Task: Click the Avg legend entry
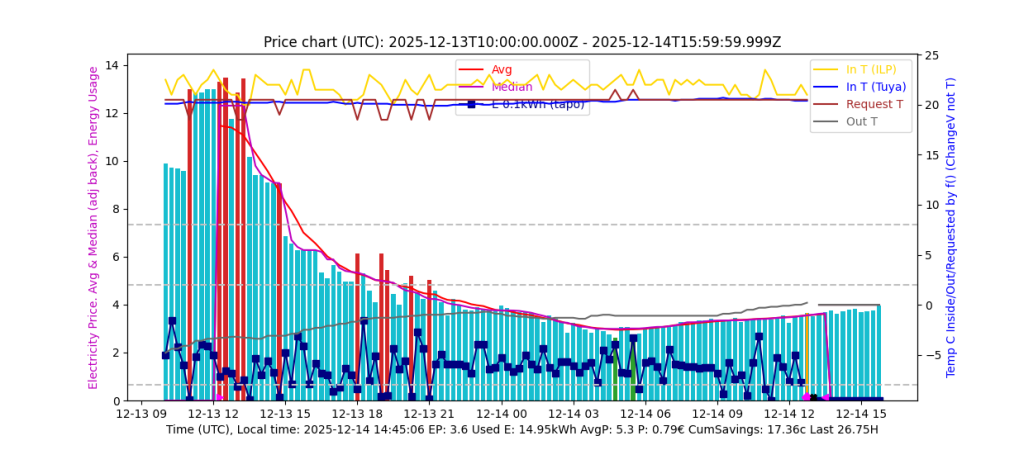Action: point(502,69)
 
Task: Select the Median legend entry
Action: point(509,86)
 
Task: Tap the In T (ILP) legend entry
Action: point(871,69)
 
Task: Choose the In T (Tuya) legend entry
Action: point(875,86)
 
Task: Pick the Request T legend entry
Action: point(874,104)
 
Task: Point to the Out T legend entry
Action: point(861,122)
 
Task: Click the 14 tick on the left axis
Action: point(112,66)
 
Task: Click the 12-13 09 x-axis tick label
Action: point(141,413)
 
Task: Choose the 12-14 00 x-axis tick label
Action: point(503,413)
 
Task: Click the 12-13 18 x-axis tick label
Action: point(359,413)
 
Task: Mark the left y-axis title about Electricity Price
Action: point(93,227)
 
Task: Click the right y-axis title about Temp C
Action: point(951,227)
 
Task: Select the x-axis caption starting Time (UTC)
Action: point(521,430)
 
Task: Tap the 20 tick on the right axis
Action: point(932,105)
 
